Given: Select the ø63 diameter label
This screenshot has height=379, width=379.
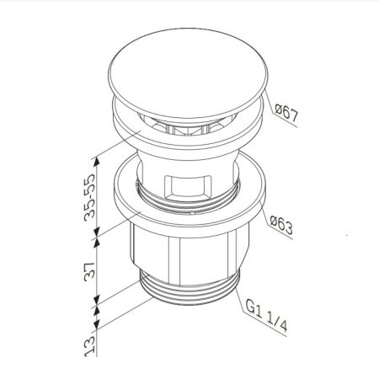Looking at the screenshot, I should click(280, 224).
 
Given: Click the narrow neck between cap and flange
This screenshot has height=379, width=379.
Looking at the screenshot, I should click(184, 156).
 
